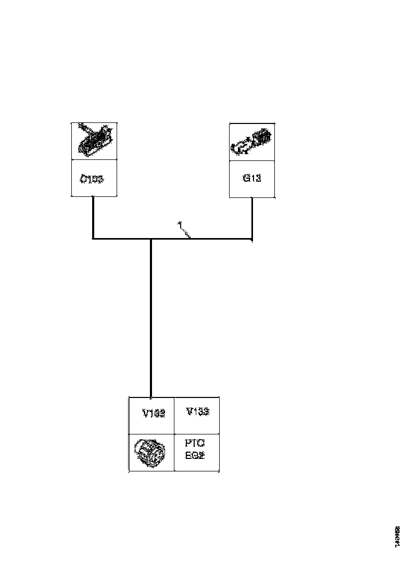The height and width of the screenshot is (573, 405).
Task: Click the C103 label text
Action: [x=92, y=179]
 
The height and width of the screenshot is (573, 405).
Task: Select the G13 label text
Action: [x=251, y=178]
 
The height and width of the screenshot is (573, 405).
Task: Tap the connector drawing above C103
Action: [x=93, y=141]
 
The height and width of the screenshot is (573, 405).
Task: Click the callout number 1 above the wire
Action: [x=179, y=225]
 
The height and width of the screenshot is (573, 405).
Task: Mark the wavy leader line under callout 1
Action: [x=185, y=233]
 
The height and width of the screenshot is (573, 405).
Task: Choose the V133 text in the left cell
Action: [x=154, y=413]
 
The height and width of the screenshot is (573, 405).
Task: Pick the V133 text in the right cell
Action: [x=197, y=412]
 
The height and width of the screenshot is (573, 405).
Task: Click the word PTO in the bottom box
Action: [x=195, y=443]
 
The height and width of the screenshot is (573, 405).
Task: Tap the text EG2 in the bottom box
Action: [x=195, y=454]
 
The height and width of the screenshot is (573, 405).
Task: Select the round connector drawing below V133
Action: [x=150, y=452]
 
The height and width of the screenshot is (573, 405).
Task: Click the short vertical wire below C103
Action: [x=93, y=216]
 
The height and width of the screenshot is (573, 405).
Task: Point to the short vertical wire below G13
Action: [x=252, y=218]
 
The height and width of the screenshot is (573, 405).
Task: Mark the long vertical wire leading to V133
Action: [x=151, y=318]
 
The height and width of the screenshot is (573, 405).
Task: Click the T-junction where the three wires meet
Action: [x=151, y=240]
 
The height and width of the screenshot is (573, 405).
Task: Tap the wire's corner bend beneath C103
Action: [x=93, y=239]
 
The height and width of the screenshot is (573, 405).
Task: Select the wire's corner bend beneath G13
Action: [x=252, y=240]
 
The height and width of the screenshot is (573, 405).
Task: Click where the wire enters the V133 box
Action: [x=151, y=397]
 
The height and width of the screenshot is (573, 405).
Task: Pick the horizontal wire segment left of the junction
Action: [x=122, y=239]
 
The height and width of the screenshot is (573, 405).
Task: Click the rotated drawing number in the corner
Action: [x=397, y=537]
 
